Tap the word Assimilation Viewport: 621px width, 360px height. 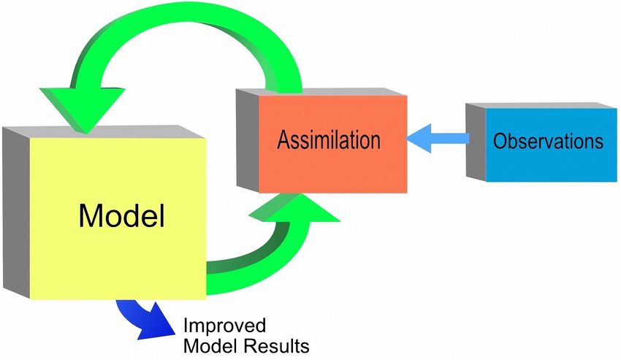pyautogui.click(x=329, y=139)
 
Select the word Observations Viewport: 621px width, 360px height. pyautogui.click(x=549, y=140)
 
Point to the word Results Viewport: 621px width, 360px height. pyautogui.click(x=278, y=344)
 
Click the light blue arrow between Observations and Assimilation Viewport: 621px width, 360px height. pyautogui.click(x=438, y=139)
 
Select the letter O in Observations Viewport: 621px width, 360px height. pyautogui.click(x=500, y=140)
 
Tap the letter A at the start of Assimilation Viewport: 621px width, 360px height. pyautogui.click(x=283, y=139)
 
